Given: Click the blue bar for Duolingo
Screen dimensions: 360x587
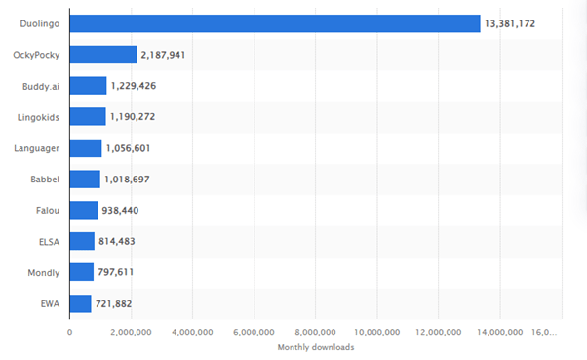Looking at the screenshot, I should coord(275,23).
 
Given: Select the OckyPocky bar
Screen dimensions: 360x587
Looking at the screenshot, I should coord(102,55).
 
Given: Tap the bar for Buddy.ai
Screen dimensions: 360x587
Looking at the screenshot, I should coord(88,86).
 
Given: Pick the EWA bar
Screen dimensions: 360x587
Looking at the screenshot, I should coord(80,303).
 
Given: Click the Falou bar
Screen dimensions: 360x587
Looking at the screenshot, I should coord(83,210).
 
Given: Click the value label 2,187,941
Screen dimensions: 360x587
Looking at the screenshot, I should coord(163,55).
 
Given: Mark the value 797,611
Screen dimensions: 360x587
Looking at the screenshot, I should coord(118,272).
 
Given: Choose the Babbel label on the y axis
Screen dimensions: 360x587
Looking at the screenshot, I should coord(46,180).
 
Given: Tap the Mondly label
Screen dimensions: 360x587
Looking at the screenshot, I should coord(45,272).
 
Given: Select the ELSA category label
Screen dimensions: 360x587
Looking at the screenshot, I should coord(49,241).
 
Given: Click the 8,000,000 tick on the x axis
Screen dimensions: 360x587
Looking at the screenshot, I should coord(315,332).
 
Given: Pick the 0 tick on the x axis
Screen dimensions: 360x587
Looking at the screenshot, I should coord(69,332).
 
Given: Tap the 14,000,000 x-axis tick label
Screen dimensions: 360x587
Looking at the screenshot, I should coord(499,332).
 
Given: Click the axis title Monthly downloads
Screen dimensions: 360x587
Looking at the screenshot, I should coord(315,347).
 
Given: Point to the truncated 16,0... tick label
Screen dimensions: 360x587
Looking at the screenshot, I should coord(547,332).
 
